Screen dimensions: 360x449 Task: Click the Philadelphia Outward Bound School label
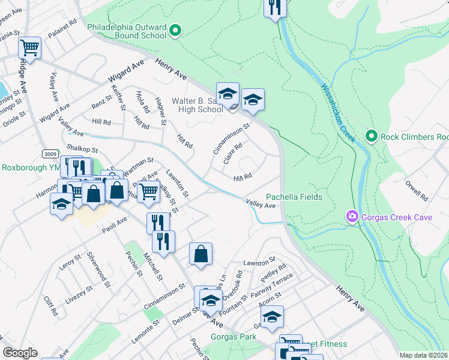[x=127, y=31]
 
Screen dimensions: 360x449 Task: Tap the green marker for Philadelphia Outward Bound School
[x=176, y=31]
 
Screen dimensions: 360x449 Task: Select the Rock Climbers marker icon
[x=371, y=137]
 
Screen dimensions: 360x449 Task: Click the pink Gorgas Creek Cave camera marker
[x=352, y=215]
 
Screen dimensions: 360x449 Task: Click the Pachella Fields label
[x=294, y=197]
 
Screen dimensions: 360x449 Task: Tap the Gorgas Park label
[x=234, y=337]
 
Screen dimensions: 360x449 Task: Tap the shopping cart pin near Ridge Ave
[x=29, y=47]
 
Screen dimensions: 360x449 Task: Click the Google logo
[x=20, y=353]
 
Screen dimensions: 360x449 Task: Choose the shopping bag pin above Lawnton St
[x=200, y=253]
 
